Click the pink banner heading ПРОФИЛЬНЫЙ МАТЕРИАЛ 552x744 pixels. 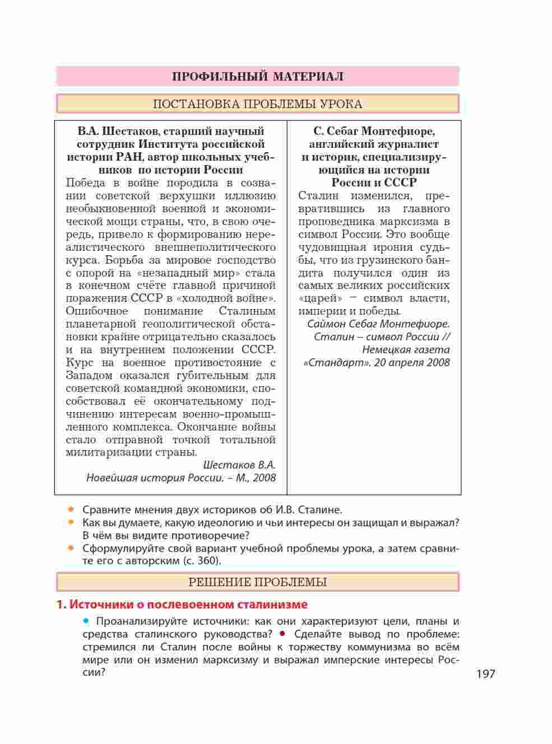[257, 77]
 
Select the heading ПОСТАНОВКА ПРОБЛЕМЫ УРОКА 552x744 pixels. [257, 104]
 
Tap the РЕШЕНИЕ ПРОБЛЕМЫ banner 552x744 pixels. [257, 582]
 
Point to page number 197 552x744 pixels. [486, 673]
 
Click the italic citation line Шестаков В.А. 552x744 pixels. [239, 465]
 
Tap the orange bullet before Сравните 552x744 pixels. [71, 509]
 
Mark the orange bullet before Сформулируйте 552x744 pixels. [71, 548]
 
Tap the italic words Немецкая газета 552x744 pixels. [406, 350]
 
